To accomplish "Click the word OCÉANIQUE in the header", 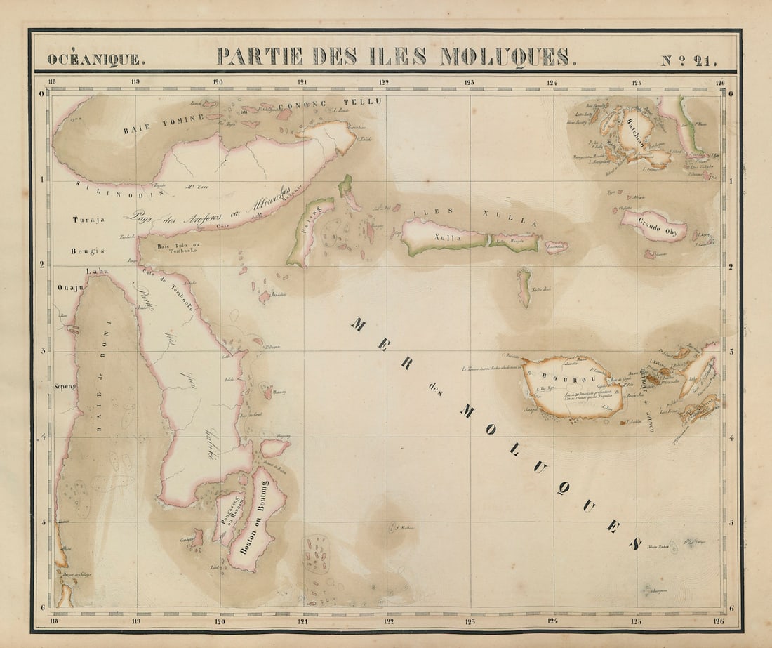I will pyautogui.click(x=96, y=59).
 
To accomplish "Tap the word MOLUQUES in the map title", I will pyautogui.click(x=505, y=57).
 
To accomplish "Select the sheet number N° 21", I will pyautogui.click(x=688, y=60).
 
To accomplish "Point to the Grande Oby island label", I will pyautogui.click(x=652, y=226).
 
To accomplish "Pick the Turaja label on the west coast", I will pyautogui.click(x=88, y=220).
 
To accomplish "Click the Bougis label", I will pyautogui.click(x=87, y=251).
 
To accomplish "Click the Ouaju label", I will pyautogui.click(x=70, y=286).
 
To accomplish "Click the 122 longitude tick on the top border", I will pyautogui.click(x=384, y=81).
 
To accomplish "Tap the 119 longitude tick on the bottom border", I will pyautogui.click(x=135, y=621).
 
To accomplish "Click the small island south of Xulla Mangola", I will pyautogui.click(x=524, y=288).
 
